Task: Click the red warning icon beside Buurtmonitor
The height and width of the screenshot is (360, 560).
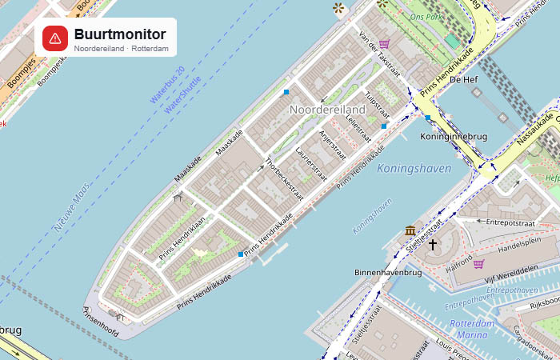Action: click(x=55, y=38)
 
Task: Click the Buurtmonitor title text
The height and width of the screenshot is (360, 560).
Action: click(x=120, y=34)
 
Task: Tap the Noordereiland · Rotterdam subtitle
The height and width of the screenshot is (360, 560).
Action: click(x=121, y=49)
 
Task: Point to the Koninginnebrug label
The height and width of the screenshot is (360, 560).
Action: click(x=454, y=137)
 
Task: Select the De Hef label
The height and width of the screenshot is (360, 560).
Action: click(x=464, y=80)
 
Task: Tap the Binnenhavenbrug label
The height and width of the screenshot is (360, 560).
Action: click(x=388, y=273)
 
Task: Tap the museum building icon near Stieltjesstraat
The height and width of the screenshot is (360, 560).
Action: click(x=410, y=231)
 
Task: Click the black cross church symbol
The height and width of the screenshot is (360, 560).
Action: click(x=433, y=244)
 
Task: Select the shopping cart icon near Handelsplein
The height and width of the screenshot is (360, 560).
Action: click(x=478, y=264)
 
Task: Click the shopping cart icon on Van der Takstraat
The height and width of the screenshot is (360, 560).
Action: click(x=384, y=44)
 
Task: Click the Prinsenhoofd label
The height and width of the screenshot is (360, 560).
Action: click(x=101, y=320)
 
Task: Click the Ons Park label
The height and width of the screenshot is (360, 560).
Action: click(x=426, y=16)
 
